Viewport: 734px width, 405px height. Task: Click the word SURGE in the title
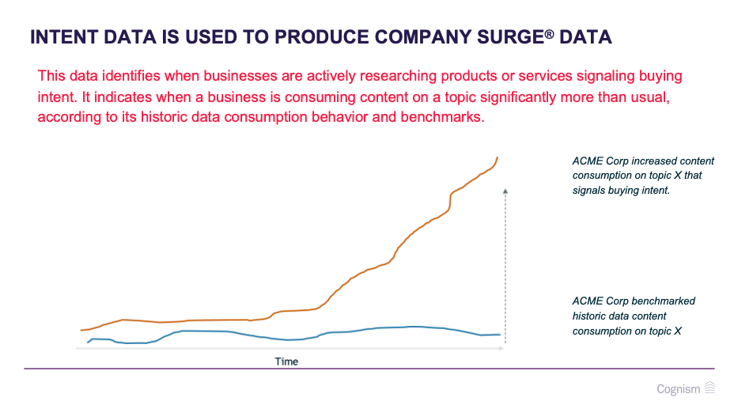coord(510,37)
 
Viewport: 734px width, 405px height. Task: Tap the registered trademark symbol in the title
coord(549,34)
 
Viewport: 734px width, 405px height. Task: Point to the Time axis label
coord(286,361)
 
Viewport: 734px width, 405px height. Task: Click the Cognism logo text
coord(679,389)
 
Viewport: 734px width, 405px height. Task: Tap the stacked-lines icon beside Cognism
coord(710,388)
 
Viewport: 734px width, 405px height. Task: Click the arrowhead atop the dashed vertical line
coord(505,191)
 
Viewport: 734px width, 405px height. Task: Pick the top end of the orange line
coord(498,157)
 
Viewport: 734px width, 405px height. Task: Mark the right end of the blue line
coord(500,335)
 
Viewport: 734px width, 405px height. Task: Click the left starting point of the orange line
coord(81,330)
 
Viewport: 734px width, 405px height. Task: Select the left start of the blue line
coord(88,343)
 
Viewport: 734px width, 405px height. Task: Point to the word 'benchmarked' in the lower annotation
coord(665,301)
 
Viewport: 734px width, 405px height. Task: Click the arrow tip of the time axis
coord(503,348)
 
